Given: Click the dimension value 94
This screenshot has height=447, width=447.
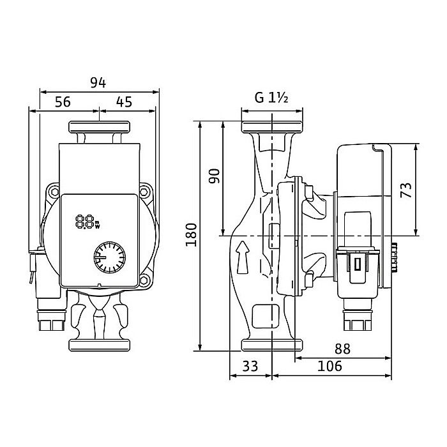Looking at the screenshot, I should pos(98,82).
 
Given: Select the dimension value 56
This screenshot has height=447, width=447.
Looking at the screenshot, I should pos(62,100).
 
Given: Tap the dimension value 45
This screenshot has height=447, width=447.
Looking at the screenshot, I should pos(125,100).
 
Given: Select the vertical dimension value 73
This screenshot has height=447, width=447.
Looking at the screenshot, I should pos(406,189).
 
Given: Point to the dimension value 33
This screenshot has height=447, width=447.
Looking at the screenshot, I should pos(251,366).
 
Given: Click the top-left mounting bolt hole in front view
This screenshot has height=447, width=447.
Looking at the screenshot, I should pos(51,191).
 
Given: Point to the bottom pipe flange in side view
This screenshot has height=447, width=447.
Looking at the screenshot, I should pos(272,345).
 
